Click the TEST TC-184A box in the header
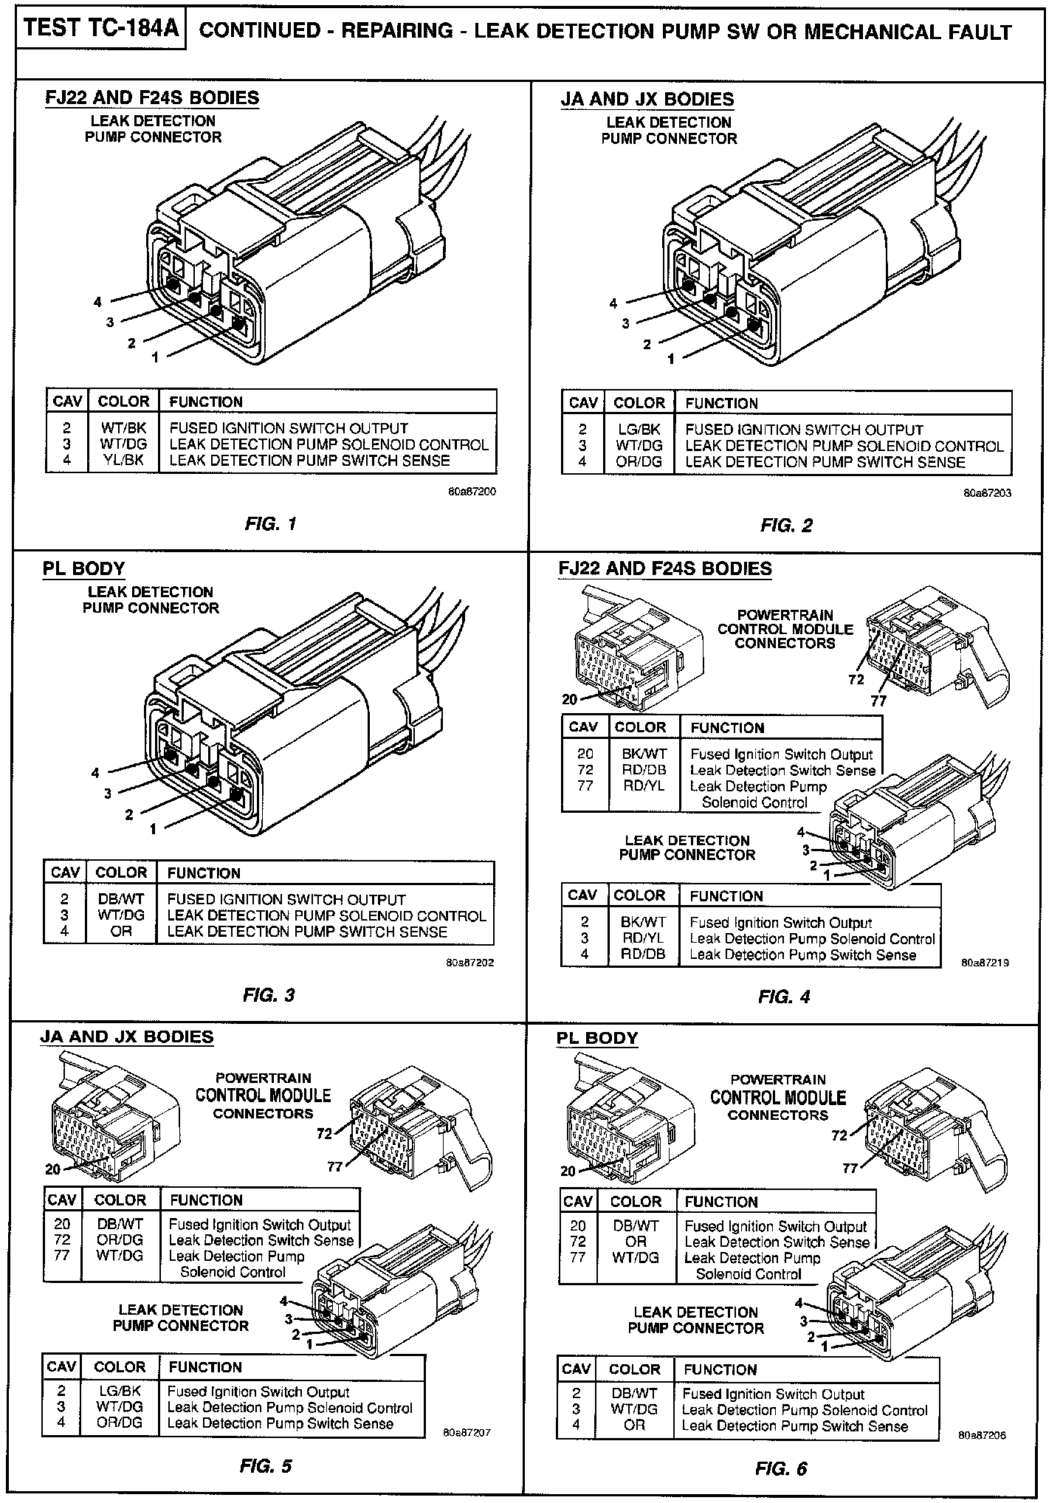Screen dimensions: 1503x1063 click(x=100, y=30)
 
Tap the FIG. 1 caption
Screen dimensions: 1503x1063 click(x=270, y=524)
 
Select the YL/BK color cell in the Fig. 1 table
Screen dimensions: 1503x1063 click(x=123, y=461)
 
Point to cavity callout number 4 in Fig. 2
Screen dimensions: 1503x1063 click(x=613, y=303)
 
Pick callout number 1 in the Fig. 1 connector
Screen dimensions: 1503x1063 click(x=155, y=357)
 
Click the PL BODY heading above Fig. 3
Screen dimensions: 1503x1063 click(x=83, y=568)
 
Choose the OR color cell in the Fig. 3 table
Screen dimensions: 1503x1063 click(x=121, y=932)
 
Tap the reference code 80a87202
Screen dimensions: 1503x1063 click(x=470, y=963)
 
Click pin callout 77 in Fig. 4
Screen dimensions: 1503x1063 click(x=878, y=701)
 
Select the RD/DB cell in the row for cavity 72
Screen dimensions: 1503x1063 click(x=639, y=770)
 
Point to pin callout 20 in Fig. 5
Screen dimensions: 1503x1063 click(x=52, y=1169)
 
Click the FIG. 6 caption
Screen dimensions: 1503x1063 click(x=781, y=1469)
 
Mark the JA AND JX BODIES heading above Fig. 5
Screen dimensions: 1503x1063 click(x=127, y=1036)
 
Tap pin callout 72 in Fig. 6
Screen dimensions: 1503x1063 click(x=839, y=1135)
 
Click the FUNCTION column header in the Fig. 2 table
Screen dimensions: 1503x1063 click(x=721, y=403)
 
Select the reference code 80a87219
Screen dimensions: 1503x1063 click(x=985, y=963)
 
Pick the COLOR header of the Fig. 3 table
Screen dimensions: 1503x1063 click(x=121, y=873)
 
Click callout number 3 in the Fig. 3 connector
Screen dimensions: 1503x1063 click(x=108, y=793)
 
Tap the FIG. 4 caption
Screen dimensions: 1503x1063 click(x=784, y=997)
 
